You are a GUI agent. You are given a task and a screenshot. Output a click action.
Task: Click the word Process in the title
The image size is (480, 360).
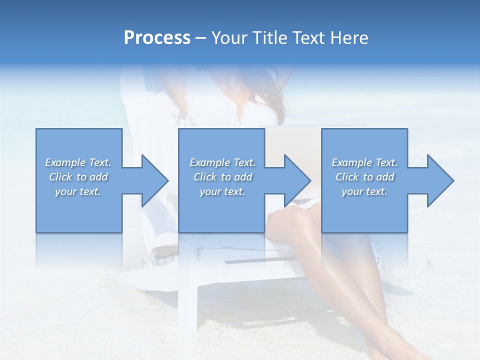[x=157, y=38]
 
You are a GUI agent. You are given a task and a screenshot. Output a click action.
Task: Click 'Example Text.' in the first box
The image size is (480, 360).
[x=78, y=162]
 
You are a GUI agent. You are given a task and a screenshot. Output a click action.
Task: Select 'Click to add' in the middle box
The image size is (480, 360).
[x=222, y=177]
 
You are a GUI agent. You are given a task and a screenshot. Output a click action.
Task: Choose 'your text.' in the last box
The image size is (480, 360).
[x=364, y=191]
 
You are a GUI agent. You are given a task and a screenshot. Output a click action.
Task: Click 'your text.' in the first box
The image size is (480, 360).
[x=78, y=191]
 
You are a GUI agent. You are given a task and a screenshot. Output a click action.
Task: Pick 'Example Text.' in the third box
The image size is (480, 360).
[x=364, y=162]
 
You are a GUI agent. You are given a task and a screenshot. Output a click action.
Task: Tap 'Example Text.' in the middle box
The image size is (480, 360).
[x=222, y=162]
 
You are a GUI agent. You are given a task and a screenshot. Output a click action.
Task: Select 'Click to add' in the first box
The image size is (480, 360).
[x=78, y=177]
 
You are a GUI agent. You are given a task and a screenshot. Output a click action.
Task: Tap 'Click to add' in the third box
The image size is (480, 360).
[x=364, y=177]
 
